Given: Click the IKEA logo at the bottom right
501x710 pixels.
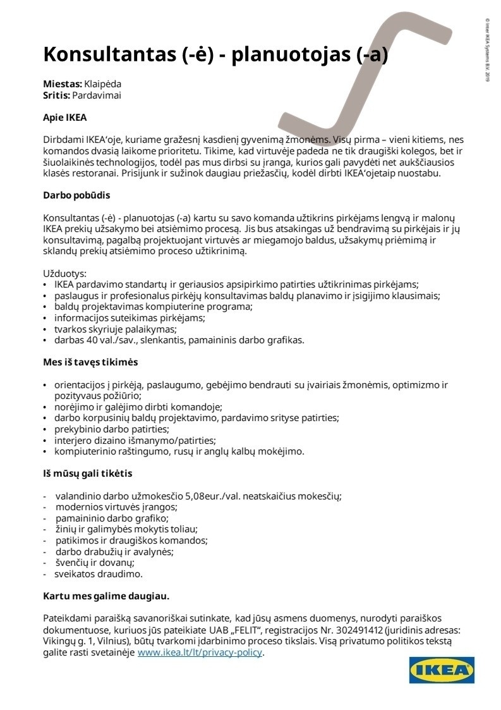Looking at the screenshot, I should [442, 670].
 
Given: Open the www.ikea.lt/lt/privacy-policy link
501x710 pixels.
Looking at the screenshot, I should [200, 653].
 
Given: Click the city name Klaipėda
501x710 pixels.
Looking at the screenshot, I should [103, 83].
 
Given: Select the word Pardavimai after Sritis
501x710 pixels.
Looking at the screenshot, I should [97, 95].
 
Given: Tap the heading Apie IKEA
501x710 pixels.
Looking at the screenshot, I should [64, 117].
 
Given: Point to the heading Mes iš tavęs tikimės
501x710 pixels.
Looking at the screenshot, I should [90, 362].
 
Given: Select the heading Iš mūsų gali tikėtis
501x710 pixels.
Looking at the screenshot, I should [88, 473].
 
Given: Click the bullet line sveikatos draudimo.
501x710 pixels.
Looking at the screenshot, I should [99, 574].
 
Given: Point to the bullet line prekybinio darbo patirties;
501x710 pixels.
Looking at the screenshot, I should [111, 429].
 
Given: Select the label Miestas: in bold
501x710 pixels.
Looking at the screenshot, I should [63, 83].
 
